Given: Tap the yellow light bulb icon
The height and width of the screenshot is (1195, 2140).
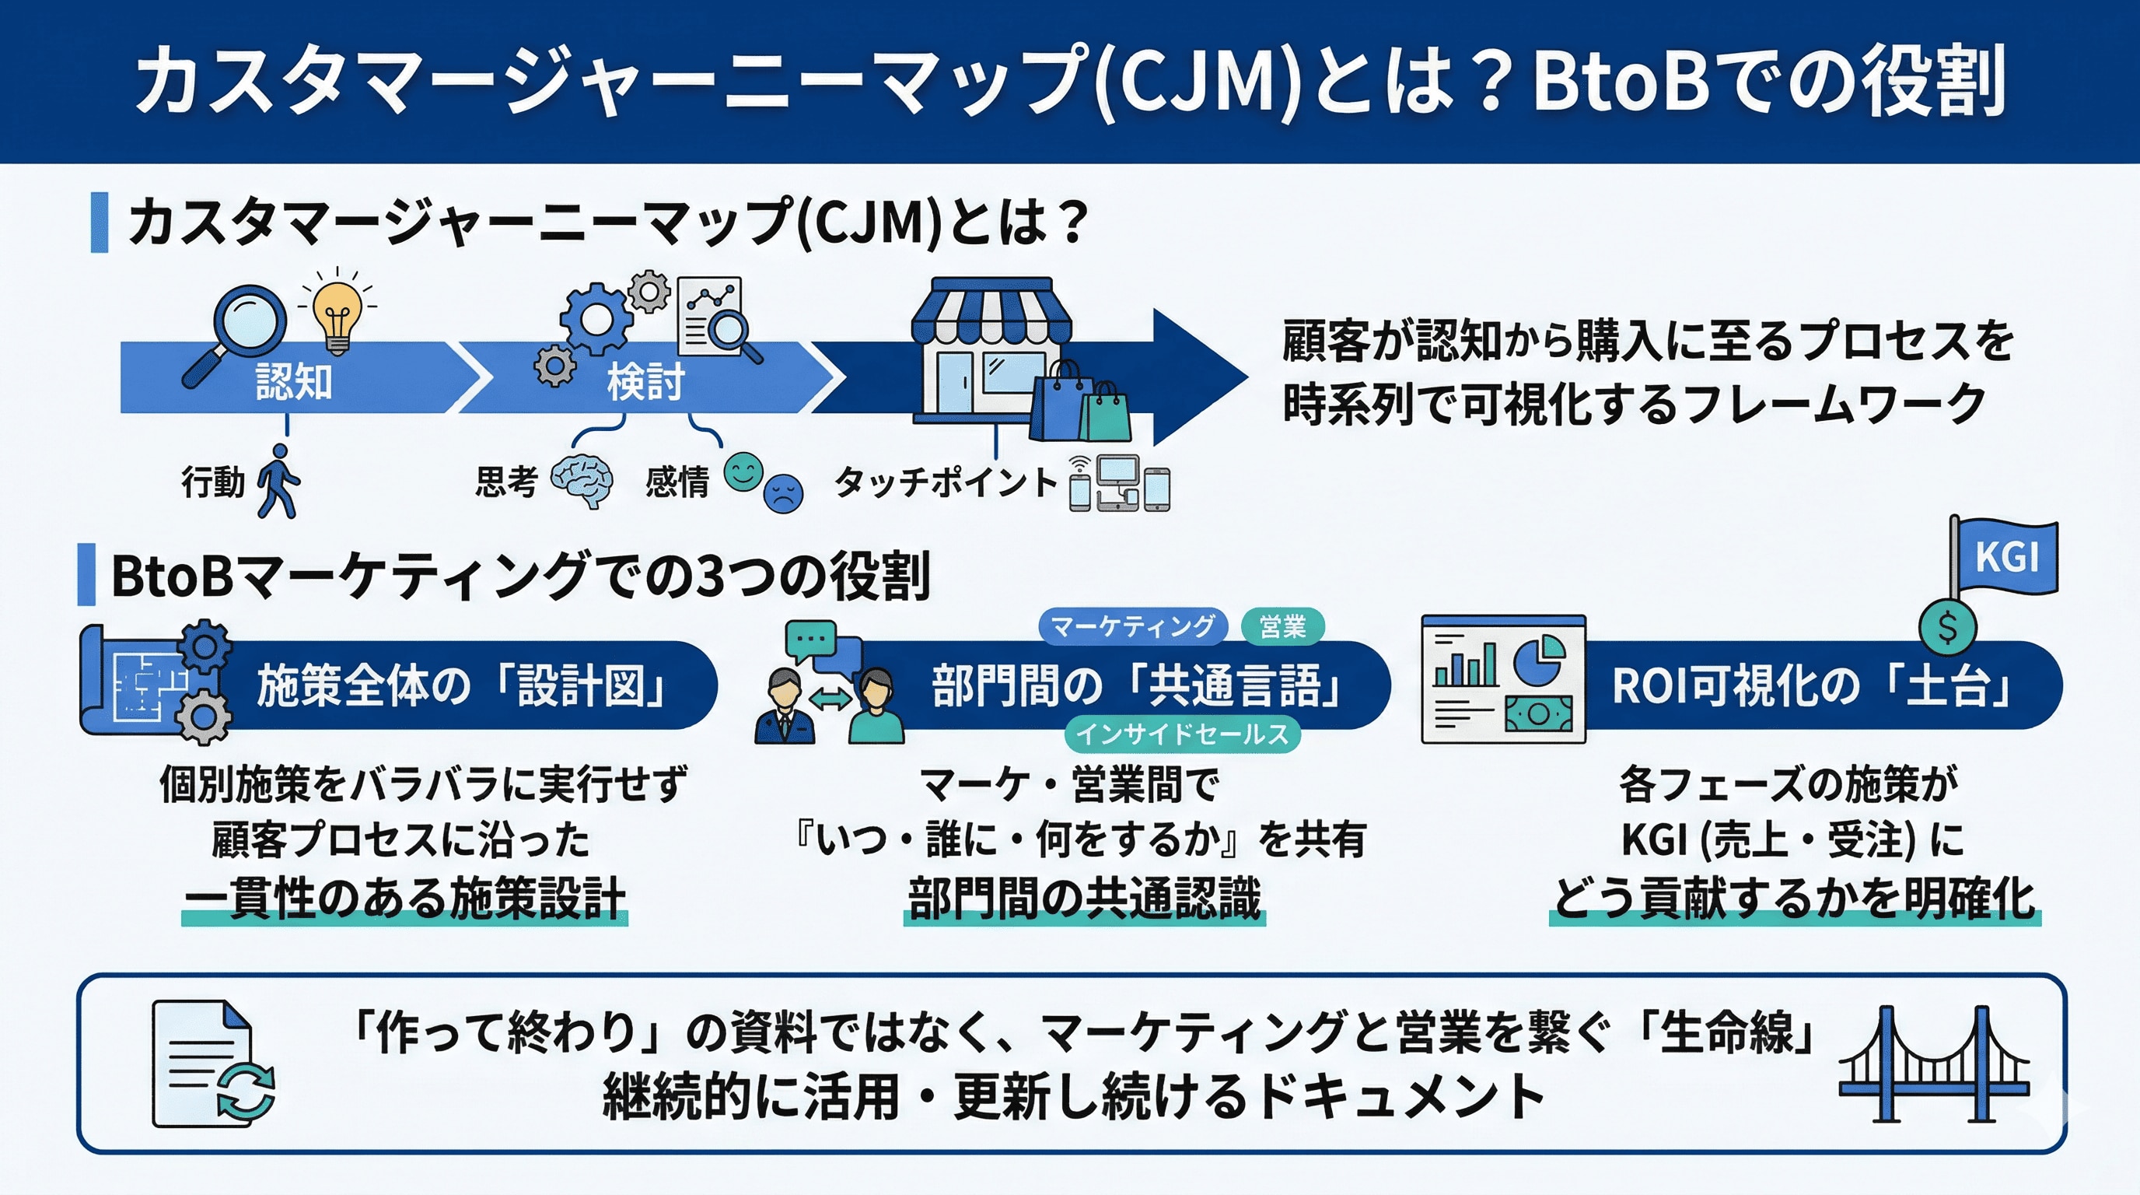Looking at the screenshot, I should click(x=337, y=318).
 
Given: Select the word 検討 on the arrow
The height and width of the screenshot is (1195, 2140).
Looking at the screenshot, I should click(x=646, y=381).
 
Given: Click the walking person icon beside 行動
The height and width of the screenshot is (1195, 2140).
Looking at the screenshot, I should click(x=278, y=481).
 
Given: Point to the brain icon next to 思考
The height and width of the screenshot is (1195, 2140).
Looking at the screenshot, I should click(x=582, y=481).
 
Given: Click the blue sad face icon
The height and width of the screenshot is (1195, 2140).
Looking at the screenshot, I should click(x=782, y=493).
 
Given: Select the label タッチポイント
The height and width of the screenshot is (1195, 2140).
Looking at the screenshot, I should click(x=945, y=482).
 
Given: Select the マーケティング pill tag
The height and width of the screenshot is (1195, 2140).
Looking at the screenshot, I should click(x=1132, y=626).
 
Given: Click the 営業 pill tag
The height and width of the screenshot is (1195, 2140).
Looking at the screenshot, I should click(x=1282, y=626).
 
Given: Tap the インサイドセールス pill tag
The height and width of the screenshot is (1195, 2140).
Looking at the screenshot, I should click(x=1181, y=734).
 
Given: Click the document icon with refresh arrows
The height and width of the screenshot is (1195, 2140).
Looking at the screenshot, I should click(x=212, y=1064).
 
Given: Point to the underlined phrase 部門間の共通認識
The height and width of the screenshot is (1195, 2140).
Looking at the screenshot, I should click(x=1084, y=899).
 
